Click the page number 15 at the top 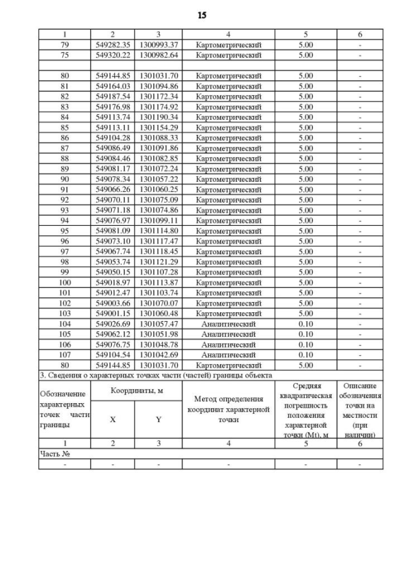(202, 15)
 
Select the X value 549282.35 (112, 45)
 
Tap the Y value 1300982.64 (158, 55)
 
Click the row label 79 (64, 45)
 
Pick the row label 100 (64, 282)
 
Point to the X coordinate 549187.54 (112, 97)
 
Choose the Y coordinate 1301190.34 (158, 117)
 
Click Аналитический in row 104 (228, 323)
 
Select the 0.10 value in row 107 (306, 355)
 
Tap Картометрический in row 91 (228, 189)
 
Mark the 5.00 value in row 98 (306, 261)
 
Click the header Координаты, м (136, 391)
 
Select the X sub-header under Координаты (112, 419)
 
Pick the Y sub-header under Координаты (158, 419)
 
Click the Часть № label (54, 453)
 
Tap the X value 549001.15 (112, 313)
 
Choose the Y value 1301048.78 (158, 344)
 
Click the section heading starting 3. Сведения (155, 375)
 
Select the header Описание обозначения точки (359, 409)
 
